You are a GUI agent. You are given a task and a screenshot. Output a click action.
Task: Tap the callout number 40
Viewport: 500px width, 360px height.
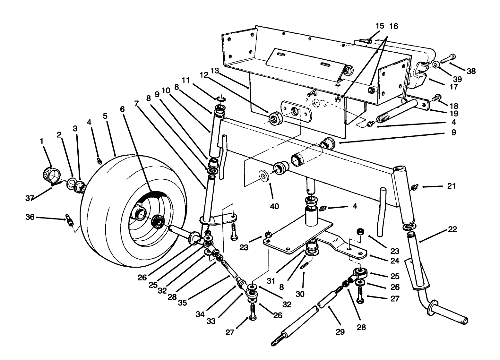click(274, 206)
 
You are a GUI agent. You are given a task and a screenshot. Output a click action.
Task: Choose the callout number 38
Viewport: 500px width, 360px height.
click(471, 71)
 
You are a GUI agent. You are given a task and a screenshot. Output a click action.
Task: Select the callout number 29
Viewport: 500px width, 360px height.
click(340, 331)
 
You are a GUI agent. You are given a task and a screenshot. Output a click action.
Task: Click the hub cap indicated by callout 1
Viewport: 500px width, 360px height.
click(50, 175)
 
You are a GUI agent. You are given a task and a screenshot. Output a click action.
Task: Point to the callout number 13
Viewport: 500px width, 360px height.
click(214, 70)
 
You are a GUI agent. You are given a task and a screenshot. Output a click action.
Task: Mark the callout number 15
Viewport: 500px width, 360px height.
click(379, 26)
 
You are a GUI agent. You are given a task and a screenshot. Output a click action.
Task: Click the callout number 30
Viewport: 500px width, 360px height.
click(300, 294)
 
